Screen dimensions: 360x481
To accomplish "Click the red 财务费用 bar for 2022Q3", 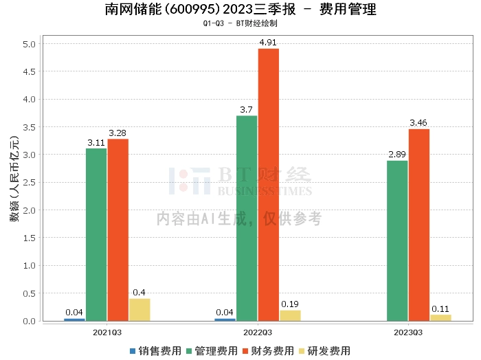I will (x=269, y=185).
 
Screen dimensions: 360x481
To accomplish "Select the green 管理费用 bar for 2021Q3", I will (x=96, y=234).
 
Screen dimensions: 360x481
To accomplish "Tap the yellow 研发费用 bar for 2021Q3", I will (x=139, y=310).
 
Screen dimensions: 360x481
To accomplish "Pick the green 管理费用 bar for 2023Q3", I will (x=397, y=240).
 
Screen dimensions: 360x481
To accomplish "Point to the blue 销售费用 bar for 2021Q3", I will (x=74, y=319).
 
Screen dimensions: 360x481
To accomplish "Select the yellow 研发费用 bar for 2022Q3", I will (x=290, y=315).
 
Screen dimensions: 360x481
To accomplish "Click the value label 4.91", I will (x=269, y=43).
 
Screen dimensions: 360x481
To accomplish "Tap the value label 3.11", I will (x=96, y=142).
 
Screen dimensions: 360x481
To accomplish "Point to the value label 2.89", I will (x=397, y=155).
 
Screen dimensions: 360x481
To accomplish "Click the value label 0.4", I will (x=139, y=293).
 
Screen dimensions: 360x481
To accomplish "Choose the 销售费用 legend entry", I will (x=155, y=351).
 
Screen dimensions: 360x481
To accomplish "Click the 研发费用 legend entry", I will (x=324, y=351).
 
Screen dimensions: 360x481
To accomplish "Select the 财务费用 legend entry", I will (x=267, y=351).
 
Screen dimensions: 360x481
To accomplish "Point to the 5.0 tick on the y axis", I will (x=30, y=44).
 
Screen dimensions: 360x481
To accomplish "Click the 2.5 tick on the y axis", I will (x=30, y=183).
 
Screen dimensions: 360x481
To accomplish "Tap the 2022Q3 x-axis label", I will (x=258, y=332).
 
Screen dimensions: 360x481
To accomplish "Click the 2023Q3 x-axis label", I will (x=408, y=332).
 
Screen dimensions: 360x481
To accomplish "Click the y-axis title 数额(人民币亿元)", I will (x=13, y=183).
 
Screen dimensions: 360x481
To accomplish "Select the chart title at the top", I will (x=240, y=10).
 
